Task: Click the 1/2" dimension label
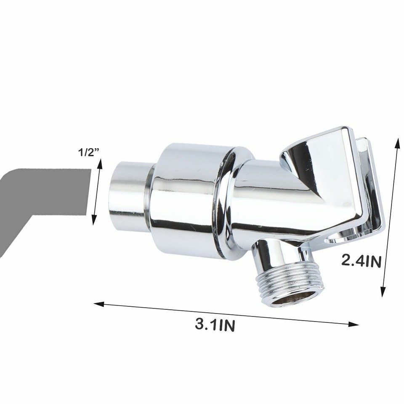(89, 152)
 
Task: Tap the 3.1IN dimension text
(215, 325)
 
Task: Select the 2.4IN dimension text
(361, 261)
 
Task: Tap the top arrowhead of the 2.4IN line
(397, 141)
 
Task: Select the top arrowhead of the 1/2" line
(99, 163)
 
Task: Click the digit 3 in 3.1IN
(199, 324)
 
